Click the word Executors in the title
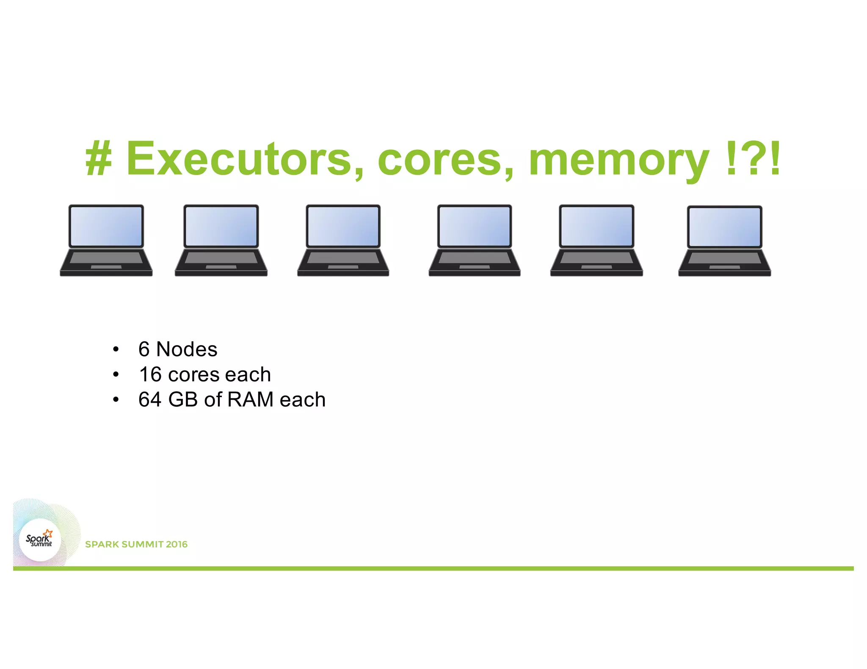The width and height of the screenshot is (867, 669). pyautogui.click(x=245, y=159)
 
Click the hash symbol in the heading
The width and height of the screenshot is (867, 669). pyautogui.click(x=99, y=159)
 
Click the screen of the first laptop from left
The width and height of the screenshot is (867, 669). pyautogui.click(x=106, y=226)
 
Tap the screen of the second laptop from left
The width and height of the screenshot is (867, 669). pyautogui.click(x=221, y=226)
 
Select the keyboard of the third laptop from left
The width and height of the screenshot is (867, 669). pyautogui.click(x=343, y=258)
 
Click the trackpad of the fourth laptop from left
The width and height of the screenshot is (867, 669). pyautogui.click(x=475, y=267)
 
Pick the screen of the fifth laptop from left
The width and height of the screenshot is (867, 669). pyautogui.click(x=596, y=226)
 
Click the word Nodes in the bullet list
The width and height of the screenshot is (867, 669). pyautogui.click(x=187, y=349)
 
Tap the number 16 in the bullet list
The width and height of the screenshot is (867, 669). pyautogui.click(x=150, y=375)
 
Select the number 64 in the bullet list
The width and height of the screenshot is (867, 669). pyautogui.click(x=150, y=400)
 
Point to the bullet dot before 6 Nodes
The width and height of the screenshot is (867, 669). pyautogui.click(x=116, y=350)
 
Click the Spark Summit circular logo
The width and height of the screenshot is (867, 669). pyautogui.click(x=40, y=540)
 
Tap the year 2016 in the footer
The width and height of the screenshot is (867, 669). pyautogui.click(x=177, y=544)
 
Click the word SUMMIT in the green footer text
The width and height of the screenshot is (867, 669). pyautogui.click(x=142, y=544)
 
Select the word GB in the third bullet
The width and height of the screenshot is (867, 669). pyautogui.click(x=183, y=400)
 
